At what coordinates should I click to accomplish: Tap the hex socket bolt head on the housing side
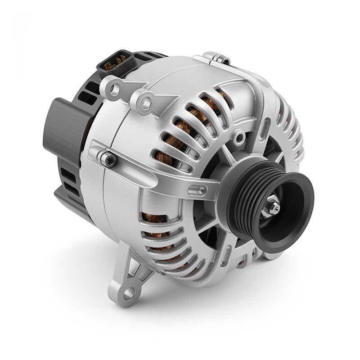pyautogui.click(x=109, y=158)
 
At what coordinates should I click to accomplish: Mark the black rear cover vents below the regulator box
pyautogui.click(x=67, y=180)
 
